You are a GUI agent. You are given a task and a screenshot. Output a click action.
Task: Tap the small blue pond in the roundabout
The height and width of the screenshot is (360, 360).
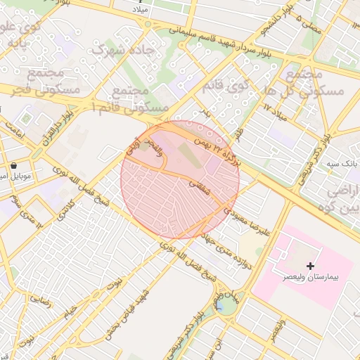pos(221,305)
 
